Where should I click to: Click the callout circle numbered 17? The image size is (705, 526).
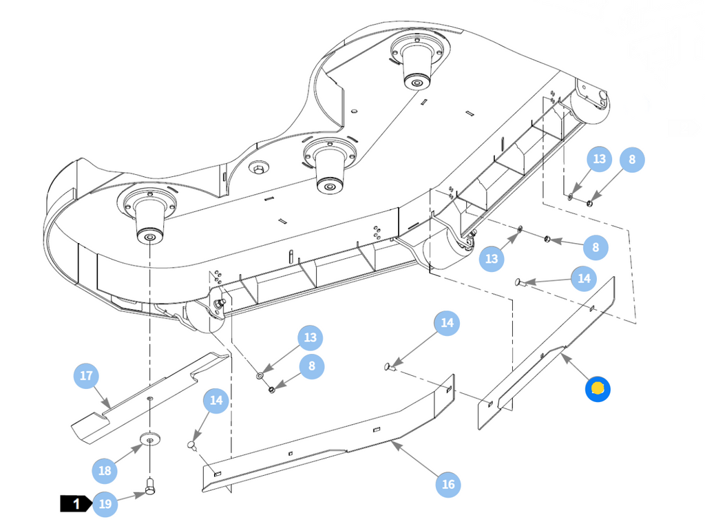[x=86, y=376]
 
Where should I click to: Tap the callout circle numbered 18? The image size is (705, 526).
[x=105, y=471]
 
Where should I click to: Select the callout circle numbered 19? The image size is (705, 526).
[x=105, y=504]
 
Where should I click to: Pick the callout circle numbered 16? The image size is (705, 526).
[x=448, y=484]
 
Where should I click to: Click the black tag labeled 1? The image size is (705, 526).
[x=75, y=503]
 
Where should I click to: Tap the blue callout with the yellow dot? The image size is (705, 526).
[x=598, y=389]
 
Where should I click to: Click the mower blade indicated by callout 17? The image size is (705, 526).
[x=151, y=399]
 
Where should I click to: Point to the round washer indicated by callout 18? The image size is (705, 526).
[x=151, y=439]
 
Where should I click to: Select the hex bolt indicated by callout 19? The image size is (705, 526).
[x=150, y=487]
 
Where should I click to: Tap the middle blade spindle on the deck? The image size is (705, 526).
[x=330, y=164]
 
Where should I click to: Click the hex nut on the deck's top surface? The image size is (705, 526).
[x=259, y=169]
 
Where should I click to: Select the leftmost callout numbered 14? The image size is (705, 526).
[x=215, y=401]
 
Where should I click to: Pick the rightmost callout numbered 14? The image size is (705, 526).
[x=584, y=278]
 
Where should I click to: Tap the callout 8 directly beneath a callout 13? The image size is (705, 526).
[x=312, y=366]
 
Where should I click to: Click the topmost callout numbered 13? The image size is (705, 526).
[x=599, y=159]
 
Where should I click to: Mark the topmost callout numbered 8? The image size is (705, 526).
[x=632, y=160]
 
